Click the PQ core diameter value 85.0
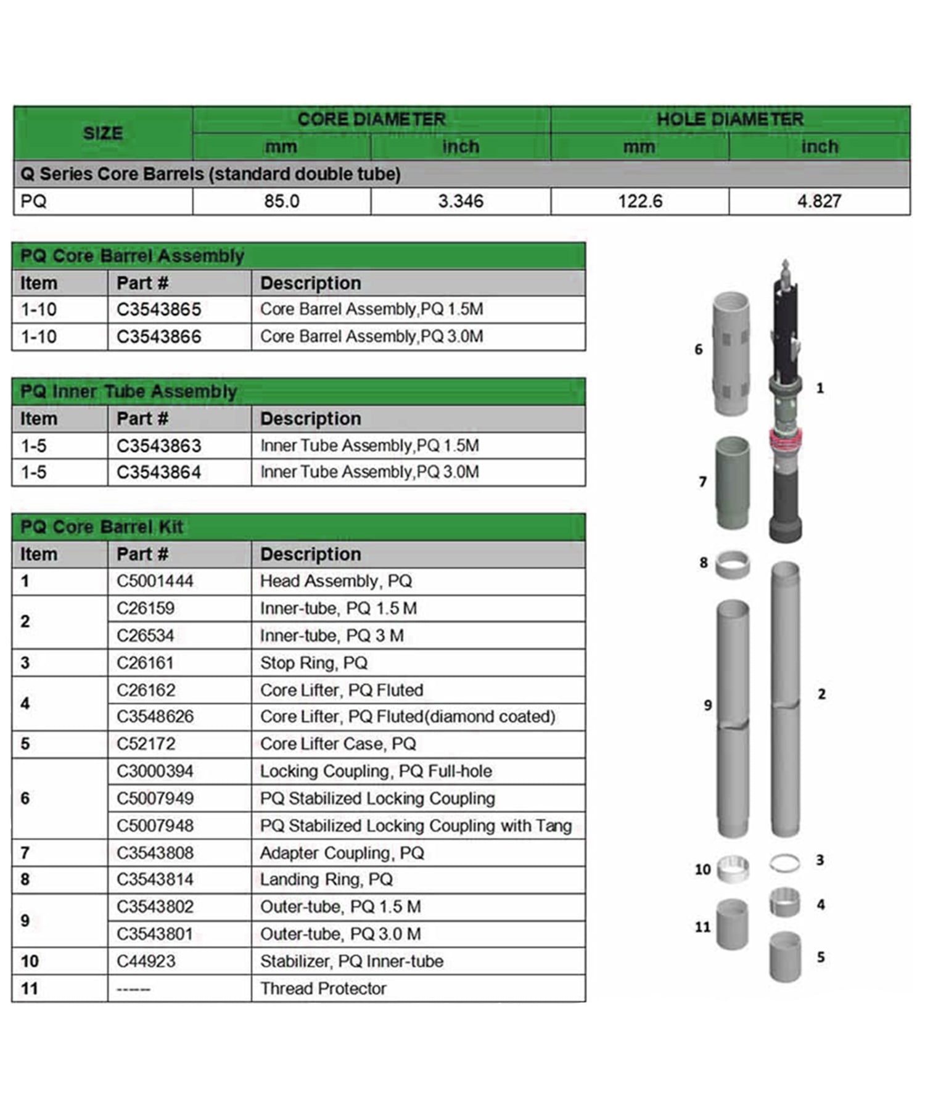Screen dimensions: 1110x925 pyautogui.click(x=281, y=201)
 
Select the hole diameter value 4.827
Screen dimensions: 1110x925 pyautogui.click(x=819, y=201)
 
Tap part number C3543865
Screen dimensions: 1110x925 pyautogui.click(x=159, y=309)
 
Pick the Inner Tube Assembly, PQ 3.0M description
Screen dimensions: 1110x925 pyautogui.click(x=369, y=472)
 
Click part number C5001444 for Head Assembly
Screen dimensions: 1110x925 pyautogui.click(x=155, y=581)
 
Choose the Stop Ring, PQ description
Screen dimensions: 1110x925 pyautogui.click(x=313, y=663)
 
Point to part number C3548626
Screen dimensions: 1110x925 pyautogui.click(x=155, y=717)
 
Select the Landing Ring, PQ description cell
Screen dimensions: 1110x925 pyautogui.click(x=326, y=879)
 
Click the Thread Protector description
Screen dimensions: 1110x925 pyautogui.click(x=323, y=989)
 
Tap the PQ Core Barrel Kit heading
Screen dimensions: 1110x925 pyautogui.click(x=102, y=527)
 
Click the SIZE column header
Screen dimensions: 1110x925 pyautogui.click(x=103, y=133)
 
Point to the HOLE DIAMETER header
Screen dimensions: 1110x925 pyautogui.click(x=730, y=119)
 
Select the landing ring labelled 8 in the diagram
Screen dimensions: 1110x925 pyautogui.click(x=733, y=564)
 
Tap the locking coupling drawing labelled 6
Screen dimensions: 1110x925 pyautogui.click(x=731, y=353)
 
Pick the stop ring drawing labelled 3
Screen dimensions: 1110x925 pyautogui.click(x=785, y=863)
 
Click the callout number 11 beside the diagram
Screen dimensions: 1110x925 pyautogui.click(x=702, y=927)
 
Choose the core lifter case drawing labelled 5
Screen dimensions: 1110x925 pyautogui.click(x=785, y=956)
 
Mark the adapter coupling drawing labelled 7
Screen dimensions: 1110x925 pyautogui.click(x=732, y=482)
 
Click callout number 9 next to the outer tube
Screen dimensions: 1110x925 pyautogui.click(x=708, y=705)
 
